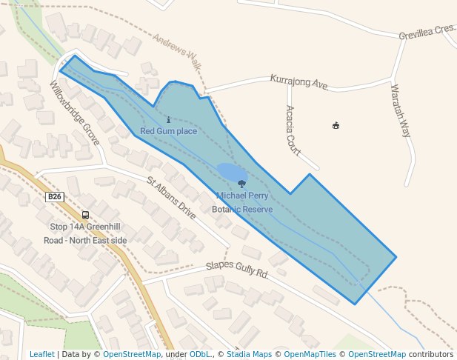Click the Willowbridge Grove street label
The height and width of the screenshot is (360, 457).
[74, 113]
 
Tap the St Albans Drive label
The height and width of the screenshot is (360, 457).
[171, 198]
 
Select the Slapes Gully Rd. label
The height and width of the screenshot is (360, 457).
[236, 269]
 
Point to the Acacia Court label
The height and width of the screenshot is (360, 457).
[293, 130]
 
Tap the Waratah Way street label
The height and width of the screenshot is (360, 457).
[400, 110]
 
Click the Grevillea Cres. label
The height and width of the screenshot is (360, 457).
[426, 32]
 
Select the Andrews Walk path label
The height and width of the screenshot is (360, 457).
[177, 51]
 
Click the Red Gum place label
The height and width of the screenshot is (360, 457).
[169, 132]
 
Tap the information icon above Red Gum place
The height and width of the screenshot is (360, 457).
[169, 120]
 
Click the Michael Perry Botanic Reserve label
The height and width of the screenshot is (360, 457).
[242, 203]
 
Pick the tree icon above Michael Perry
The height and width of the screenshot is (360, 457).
[242, 184]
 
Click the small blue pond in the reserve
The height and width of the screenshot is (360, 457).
[231, 173]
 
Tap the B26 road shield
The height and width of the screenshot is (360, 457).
[55, 197]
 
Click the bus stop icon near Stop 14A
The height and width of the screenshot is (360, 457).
[85, 215]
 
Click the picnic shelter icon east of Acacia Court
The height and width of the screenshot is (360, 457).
[336, 125]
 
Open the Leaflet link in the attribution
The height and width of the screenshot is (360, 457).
[42, 354]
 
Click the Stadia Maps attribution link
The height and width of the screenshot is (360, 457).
[249, 354]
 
